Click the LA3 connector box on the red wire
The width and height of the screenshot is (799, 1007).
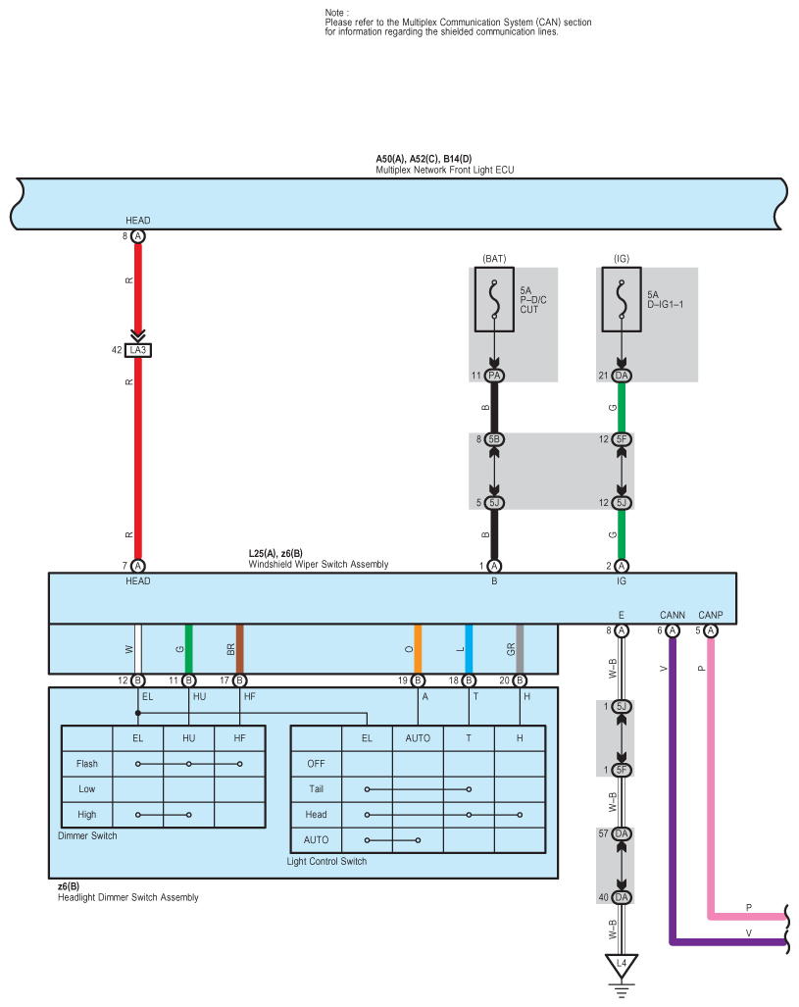[x=138, y=349]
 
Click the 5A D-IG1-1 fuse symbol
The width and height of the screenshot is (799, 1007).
[x=622, y=302]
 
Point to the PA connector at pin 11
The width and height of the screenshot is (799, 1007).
[x=494, y=376]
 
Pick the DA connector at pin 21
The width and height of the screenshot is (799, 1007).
[x=622, y=376]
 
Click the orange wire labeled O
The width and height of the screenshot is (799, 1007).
[x=418, y=648]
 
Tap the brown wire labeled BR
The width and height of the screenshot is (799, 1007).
[x=239, y=648]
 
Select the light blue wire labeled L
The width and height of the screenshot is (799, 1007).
[x=469, y=648]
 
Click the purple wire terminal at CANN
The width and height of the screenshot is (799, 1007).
[x=672, y=630]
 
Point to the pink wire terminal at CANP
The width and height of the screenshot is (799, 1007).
[x=711, y=630]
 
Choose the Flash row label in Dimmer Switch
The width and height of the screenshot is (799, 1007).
[x=86, y=763]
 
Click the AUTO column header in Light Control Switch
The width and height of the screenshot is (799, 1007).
[x=418, y=737]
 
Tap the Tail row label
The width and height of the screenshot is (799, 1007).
[x=316, y=788]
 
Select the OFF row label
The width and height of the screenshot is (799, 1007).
[x=316, y=763]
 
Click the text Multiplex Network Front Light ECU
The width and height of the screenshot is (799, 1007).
[x=444, y=170]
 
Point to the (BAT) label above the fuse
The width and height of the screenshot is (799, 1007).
[x=494, y=259]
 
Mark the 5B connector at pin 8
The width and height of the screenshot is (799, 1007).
[x=494, y=439]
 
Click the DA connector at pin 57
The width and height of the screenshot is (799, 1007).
[x=621, y=833]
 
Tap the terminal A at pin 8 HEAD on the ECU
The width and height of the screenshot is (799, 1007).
[x=138, y=237]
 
